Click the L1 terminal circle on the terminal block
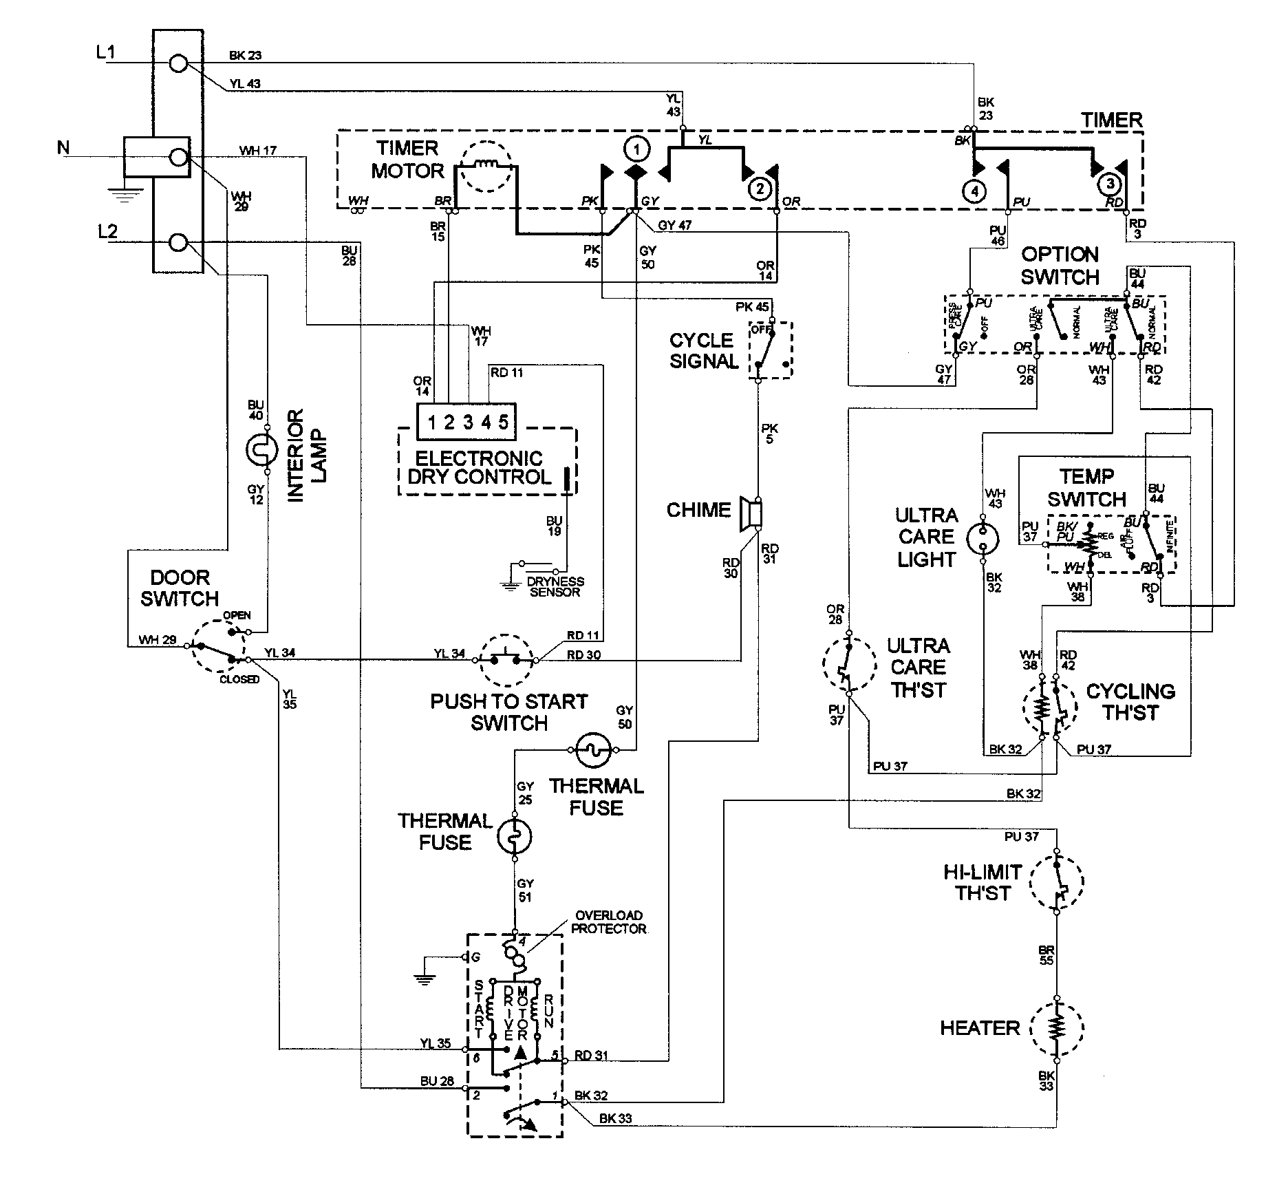178,64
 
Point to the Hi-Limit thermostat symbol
1057,882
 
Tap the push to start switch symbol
506,659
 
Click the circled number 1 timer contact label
637,149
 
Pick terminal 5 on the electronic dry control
504,422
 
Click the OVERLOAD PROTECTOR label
608,921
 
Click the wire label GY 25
525,791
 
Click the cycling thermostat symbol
1049,709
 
